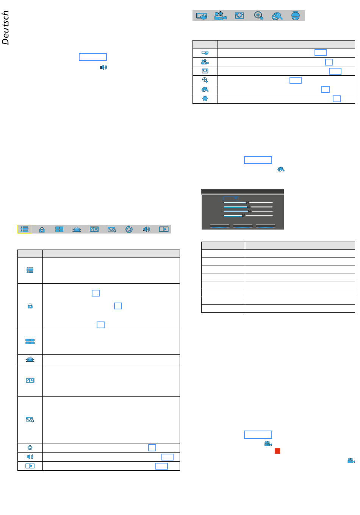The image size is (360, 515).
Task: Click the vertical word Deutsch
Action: pos(5,28)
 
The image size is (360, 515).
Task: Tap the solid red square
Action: pos(277,451)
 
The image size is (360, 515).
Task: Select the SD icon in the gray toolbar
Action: pos(94,229)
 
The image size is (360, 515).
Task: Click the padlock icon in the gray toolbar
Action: pos(42,229)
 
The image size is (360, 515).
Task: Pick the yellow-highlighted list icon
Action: pos(24,229)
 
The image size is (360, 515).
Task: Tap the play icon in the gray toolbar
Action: pos(164,229)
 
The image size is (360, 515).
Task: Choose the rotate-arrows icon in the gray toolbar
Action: pos(129,229)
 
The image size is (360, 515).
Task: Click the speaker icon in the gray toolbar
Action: pos(146,229)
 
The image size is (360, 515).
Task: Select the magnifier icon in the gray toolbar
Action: pos(258,16)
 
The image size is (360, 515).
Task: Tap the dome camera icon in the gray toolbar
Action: pos(295,16)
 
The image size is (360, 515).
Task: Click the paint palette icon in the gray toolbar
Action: pos(277,16)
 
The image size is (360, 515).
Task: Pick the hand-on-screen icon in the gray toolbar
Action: pos(202,16)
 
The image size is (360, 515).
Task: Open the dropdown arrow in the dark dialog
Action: pos(235,198)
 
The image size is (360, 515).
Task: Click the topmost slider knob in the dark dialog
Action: pos(247,203)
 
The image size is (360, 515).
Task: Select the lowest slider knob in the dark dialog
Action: pos(243,216)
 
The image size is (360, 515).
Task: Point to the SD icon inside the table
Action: pos(30,380)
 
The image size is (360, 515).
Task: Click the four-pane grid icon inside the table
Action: pos(30,342)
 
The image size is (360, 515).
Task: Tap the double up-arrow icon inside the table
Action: pos(30,359)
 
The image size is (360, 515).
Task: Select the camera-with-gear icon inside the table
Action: pos(30,420)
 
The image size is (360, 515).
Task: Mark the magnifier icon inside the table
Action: pos(205,80)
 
